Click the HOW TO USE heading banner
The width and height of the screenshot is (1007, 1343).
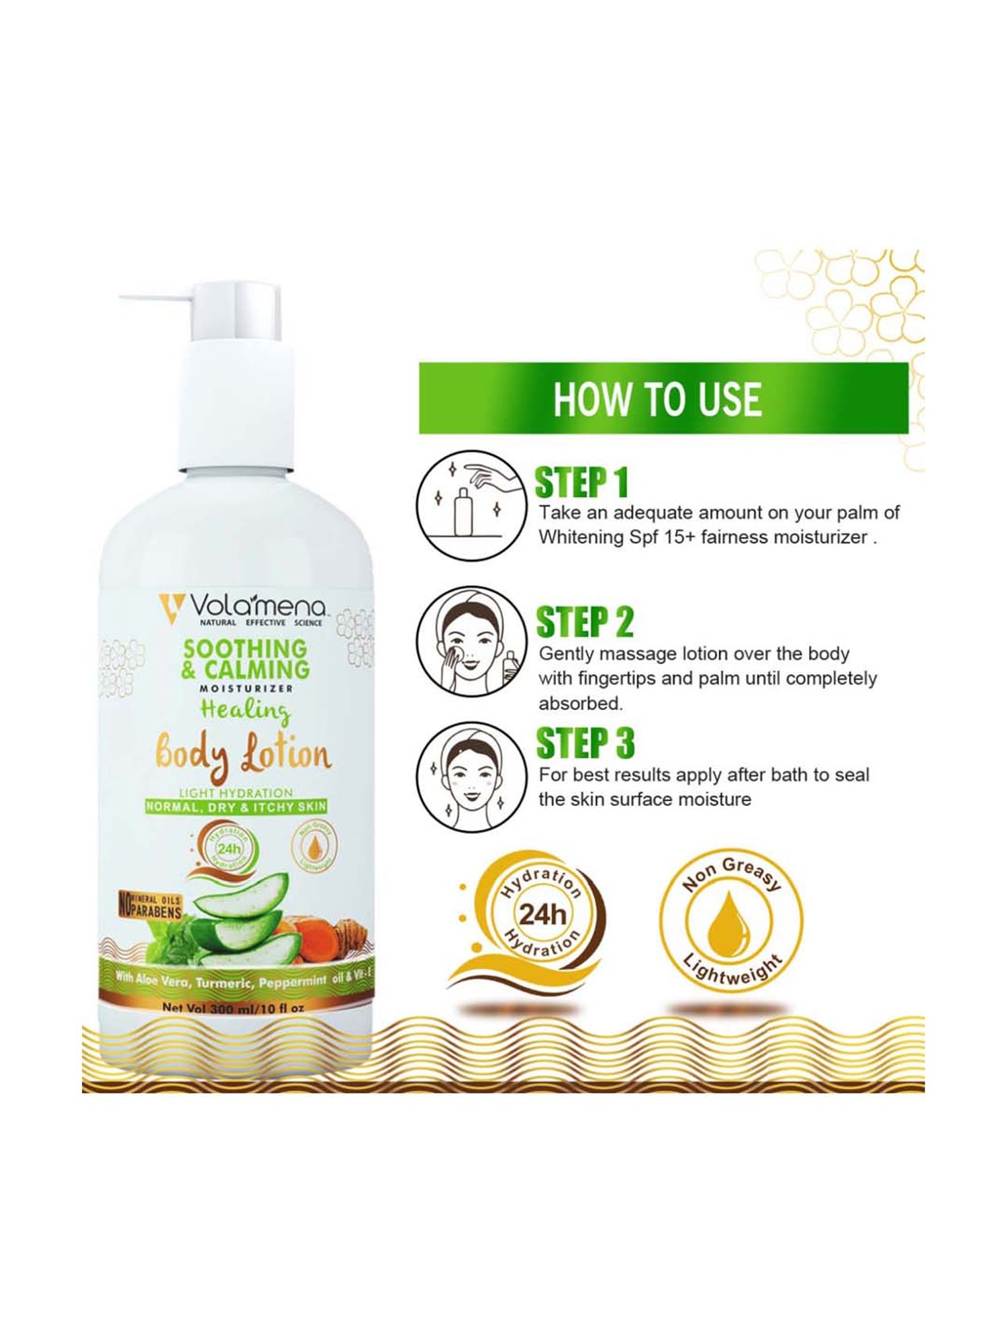tap(663, 398)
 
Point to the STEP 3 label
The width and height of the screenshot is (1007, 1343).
tap(585, 743)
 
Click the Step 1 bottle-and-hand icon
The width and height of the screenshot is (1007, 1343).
tap(470, 505)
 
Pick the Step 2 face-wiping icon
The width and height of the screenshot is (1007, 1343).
tap(470, 641)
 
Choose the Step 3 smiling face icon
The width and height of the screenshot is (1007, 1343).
tap(470, 778)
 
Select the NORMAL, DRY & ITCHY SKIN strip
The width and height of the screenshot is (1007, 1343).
tap(236, 806)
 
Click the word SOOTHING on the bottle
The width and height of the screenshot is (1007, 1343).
tap(244, 648)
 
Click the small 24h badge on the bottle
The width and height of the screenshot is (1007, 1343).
tap(229, 849)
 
